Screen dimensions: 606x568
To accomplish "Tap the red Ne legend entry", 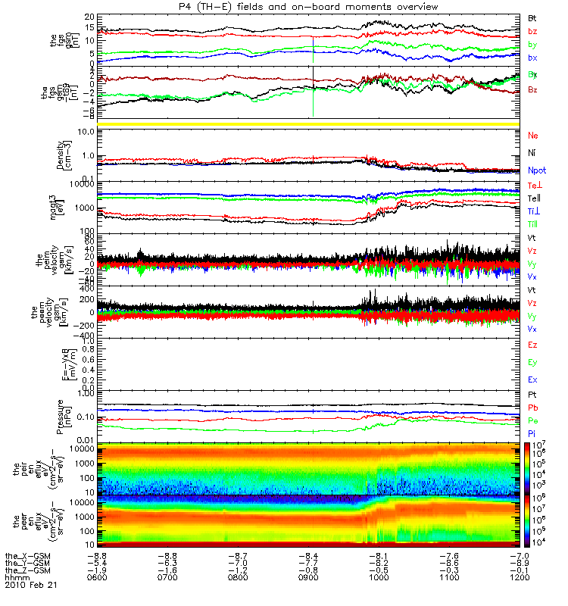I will click(532, 135).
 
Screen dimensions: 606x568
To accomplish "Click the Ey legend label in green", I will click(532, 362).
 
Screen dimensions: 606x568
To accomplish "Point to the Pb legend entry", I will click(532, 408).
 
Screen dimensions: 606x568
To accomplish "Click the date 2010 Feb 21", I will click(31, 585).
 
